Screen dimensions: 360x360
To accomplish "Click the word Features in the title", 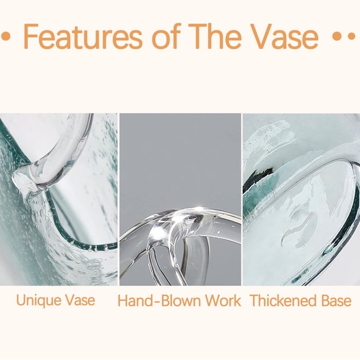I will [x=84, y=37].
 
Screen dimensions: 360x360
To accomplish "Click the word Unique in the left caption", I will [x=38, y=301].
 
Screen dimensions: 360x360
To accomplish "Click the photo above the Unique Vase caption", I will [x=59, y=199].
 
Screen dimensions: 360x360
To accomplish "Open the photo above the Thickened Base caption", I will [x=300, y=199].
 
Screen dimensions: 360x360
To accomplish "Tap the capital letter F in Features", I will [x=31, y=37].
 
